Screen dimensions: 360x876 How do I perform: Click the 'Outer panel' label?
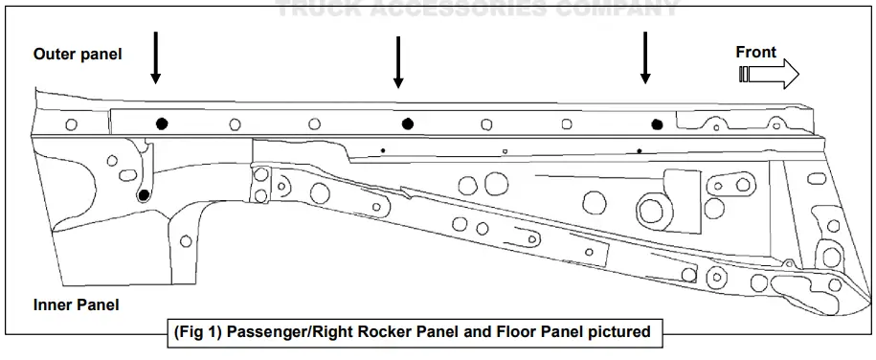[78, 55]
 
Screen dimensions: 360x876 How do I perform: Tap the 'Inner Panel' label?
[76, 305]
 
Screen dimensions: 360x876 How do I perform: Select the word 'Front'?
[755, 53]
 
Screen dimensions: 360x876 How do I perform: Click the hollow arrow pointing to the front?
[770, 74]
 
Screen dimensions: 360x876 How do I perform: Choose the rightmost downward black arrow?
[645, 56]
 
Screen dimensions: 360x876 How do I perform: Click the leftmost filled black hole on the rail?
[162, 123]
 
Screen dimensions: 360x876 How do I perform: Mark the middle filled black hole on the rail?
[408, 123]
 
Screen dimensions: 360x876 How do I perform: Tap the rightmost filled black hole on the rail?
[657, 124]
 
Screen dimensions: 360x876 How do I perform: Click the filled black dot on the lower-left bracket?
[144, 195]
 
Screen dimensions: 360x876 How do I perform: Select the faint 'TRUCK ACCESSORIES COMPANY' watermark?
[479, 10]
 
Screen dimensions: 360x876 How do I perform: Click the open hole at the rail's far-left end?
[71, 124]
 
